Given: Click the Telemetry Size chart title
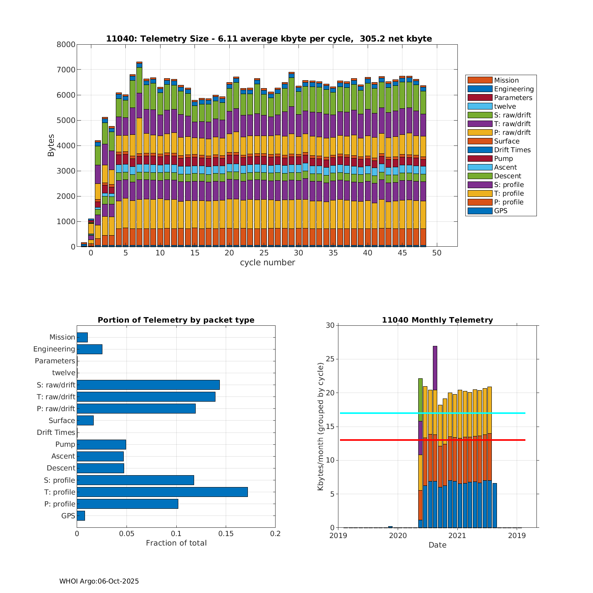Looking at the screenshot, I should tap(269, 39).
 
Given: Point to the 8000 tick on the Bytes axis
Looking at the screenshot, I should tap(66, 45).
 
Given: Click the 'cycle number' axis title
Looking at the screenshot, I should tap(267, 263).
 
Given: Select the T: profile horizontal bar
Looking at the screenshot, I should tap(162, 492).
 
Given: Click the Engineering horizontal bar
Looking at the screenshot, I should tap(89, 349).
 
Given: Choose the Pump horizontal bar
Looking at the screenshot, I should tap(101, 444).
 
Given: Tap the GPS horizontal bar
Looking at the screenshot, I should tap(81, 516).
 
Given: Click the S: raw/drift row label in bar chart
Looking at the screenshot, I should tap(56, 385).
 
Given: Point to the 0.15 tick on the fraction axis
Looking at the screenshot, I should tap(226, 534).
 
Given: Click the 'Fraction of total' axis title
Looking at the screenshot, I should tap(176, 543).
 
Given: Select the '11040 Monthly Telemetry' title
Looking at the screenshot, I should tap(437, 320).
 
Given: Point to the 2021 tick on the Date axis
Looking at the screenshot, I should tap(457, 536).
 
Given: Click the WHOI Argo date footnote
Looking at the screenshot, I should tap(99, 582).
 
